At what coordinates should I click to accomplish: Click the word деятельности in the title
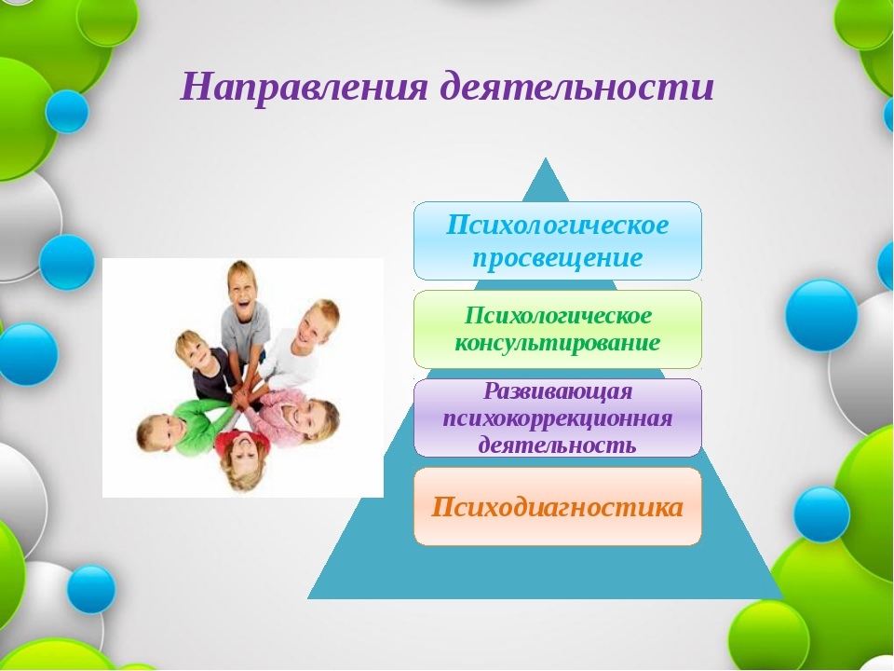tap(577, 86)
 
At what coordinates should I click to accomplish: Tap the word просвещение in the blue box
tap(558, 258)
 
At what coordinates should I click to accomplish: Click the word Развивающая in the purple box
tap(558, 391)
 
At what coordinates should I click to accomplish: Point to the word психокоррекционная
tap(558, 418)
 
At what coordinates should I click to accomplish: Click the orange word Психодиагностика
tap(557, 507)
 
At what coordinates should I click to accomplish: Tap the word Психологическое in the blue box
tap(557, 225)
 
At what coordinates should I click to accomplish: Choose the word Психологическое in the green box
tap(558, 315)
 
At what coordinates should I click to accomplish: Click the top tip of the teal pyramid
tap(546, 158)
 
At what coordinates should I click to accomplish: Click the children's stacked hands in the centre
tap(246, 393)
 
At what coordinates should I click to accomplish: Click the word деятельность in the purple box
tap(557, 445)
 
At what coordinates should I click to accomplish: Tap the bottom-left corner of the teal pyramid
tap(308, 598)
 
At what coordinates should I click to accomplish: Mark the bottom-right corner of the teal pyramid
tap(783, 598)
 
